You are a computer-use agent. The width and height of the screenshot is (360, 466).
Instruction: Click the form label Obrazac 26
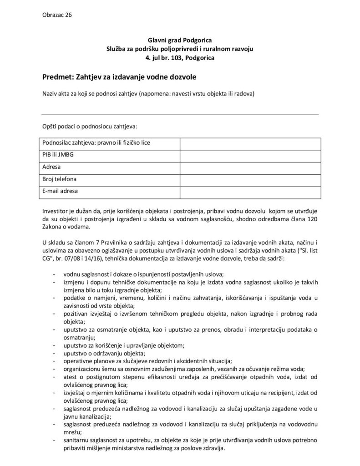(x=57, y=15)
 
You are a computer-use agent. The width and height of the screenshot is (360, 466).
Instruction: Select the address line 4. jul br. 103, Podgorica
(x=180, y=58)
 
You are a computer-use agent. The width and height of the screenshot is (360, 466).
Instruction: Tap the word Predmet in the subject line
(x=57, y=78)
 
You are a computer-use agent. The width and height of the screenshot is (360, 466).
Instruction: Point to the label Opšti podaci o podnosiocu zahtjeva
(x=89, y=126)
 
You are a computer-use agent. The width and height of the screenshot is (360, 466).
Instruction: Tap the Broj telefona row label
(x=60, y=179)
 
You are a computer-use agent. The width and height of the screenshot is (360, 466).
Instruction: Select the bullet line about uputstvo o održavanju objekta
(x=105, y=353)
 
